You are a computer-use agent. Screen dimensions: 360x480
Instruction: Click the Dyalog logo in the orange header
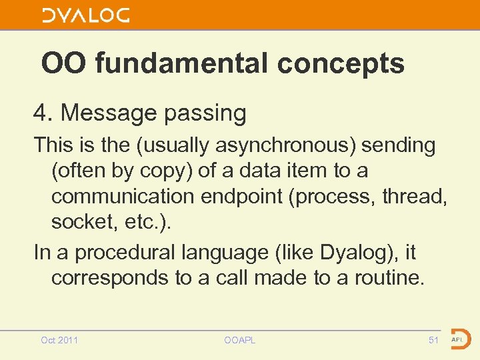[x=86, y=15]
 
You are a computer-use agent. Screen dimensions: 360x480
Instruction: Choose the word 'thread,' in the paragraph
[x=419, y=197]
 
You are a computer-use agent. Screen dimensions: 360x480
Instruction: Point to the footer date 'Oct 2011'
[x=59, y=341]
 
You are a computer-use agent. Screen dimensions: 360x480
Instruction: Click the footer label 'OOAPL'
[x=240, y=341]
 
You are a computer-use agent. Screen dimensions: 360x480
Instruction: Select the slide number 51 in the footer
[x=433, y=341]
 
